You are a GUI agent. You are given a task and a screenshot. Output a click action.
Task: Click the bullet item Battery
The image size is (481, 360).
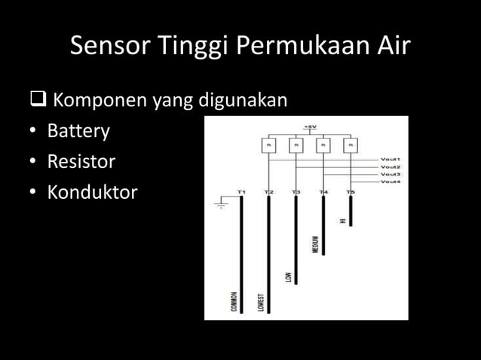pyautogui.click(x=78, y=131)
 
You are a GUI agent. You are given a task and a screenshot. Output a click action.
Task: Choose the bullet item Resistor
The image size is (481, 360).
pyautogui.click(x=81, y=162)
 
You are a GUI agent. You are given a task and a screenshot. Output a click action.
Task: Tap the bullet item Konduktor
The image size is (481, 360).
pyautogui.click(x=92, y=193)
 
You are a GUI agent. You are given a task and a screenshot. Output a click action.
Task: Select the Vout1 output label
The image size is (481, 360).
pyautogui.click(x=390, y=160)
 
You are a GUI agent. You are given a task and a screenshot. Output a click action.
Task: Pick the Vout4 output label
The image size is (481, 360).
pyautogui.click(x=390, y=182)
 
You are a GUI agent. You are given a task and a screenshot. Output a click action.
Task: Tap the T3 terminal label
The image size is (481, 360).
pyautogui.click(x=296, y=193)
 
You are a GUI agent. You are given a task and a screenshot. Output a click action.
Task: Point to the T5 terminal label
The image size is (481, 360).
pyautogui.click(x=351, y=193)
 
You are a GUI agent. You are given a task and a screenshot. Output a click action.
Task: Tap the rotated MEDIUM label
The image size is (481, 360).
pyautogui.click(x=316, y=245)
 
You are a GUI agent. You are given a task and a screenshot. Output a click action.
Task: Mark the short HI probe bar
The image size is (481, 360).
pyautogui.click(x=351, y=212)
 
